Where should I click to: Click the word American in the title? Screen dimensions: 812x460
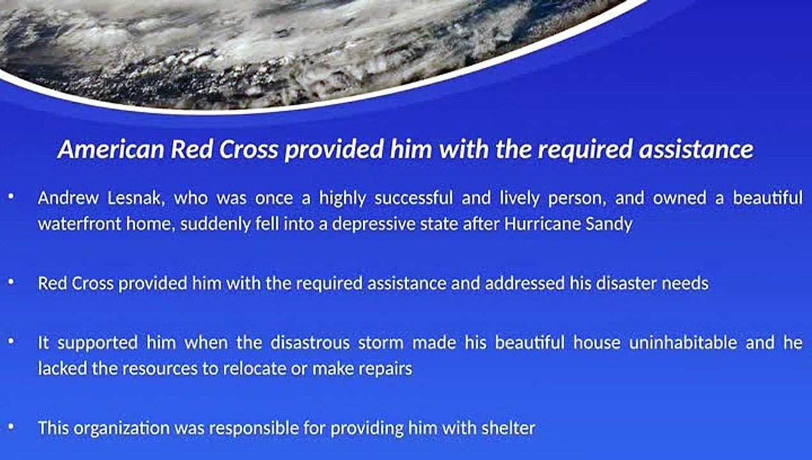111,149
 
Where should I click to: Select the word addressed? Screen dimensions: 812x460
525,283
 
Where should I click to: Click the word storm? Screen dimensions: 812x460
380,343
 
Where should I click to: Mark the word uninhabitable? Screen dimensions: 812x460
683,342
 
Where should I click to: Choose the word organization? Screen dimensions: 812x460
121,429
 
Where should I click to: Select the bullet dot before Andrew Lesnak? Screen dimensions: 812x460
12,196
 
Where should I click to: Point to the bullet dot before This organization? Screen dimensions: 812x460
12,426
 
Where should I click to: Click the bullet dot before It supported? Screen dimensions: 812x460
12,341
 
